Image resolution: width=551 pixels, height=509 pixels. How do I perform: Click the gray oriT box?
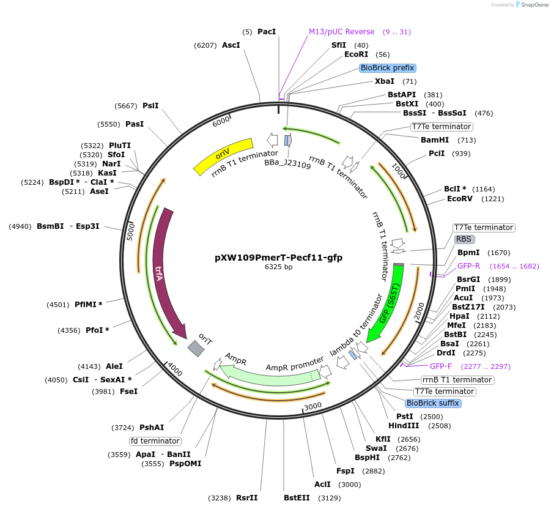point(196,349)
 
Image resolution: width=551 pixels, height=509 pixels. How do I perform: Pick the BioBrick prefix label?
point(388,68)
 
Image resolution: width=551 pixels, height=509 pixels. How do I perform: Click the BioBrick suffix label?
point(433,403)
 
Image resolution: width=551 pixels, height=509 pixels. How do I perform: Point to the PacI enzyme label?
point(267,31)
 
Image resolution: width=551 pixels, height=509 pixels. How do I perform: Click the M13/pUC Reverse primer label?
point(341,32)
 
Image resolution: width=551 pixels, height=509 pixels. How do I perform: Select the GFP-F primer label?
point(441,366)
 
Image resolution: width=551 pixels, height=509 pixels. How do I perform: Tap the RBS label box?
point(464,239)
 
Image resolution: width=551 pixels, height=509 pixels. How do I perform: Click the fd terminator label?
point(155,440)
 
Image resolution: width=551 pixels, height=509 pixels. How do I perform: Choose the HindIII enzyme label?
point(404,426)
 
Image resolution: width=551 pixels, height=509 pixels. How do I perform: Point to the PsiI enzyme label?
point(150,106)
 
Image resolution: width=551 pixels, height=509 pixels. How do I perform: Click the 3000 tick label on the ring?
point(312,406)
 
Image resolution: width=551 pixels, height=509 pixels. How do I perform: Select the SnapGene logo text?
point(532,5)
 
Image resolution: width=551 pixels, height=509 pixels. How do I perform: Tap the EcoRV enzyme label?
point(460,199)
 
